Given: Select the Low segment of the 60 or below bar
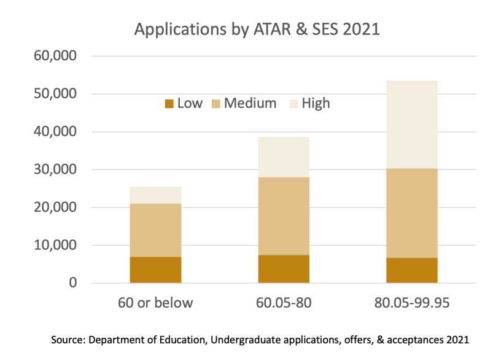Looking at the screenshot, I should click(x=155, y=270).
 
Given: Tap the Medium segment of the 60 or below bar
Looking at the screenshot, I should click(x=155, y=230).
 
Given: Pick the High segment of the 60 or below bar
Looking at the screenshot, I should click(x=155, y=195).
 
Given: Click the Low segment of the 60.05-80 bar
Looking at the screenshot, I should click(x=284, y=268).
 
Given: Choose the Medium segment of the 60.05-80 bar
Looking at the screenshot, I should click(x=284, y=216).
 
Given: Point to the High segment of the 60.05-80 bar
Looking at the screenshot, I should click(x=284, y=157).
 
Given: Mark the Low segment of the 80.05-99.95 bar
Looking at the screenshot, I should click(x=412, y=270).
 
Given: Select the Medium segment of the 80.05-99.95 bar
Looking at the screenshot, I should click(x=412, y=213).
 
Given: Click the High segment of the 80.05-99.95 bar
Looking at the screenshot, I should click(x=412, y=124).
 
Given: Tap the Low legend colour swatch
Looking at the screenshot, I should click(x=169, y=104).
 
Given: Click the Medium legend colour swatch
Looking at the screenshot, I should click(x=216, y=104).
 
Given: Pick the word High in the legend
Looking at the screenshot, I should click(x=316, y=103).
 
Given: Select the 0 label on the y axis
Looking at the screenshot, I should click(x=73, y=283).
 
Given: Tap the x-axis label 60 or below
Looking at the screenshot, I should click(x=155, y=303).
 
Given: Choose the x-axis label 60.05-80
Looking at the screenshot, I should click(x=284, y=303).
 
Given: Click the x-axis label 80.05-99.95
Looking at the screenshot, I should click(x=412, y=303).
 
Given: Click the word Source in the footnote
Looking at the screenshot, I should click(x=72, y=338).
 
